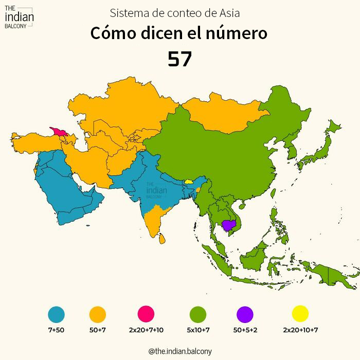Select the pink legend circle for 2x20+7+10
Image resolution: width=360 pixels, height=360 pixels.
[x=146, y=313]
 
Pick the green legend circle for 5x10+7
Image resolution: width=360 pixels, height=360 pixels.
[x=198, y=313]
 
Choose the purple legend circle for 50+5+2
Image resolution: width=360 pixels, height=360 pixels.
[x=245, y=313]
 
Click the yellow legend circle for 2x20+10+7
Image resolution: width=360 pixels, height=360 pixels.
[x=300, y=313]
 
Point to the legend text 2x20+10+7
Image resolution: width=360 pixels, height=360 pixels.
[x=300, y=330]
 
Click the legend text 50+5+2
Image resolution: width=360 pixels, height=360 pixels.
[x=245, y=330]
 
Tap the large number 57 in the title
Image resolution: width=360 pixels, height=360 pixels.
[x=179, y=60]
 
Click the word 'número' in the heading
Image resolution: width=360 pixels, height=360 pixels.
[x=238, y=34]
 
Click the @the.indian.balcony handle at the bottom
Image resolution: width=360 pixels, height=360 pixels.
[x=179, y=351]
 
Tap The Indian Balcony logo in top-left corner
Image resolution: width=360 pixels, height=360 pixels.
[x=19, y=18]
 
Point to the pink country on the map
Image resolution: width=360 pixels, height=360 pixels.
[x=58, y=132]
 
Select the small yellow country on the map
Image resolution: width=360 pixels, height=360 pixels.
[x=189, y=181]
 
